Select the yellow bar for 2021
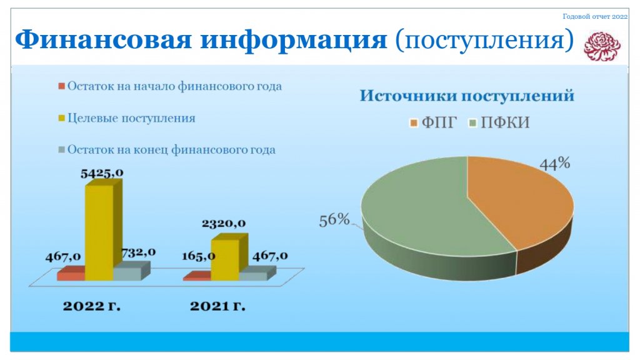pos(229,257)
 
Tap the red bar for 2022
pos(71,274)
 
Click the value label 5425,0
pos(102,173)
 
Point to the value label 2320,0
pos(224,223)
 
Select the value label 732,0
pos(138,252)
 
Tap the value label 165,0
pos(198,256)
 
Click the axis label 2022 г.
pos(91,306)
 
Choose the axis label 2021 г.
pos(217,306)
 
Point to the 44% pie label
pos(555,164)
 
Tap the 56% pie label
pos(334,220)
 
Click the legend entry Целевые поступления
pos(127,118)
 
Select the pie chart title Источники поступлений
pos(467,96)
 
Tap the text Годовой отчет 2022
pos(595,17)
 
